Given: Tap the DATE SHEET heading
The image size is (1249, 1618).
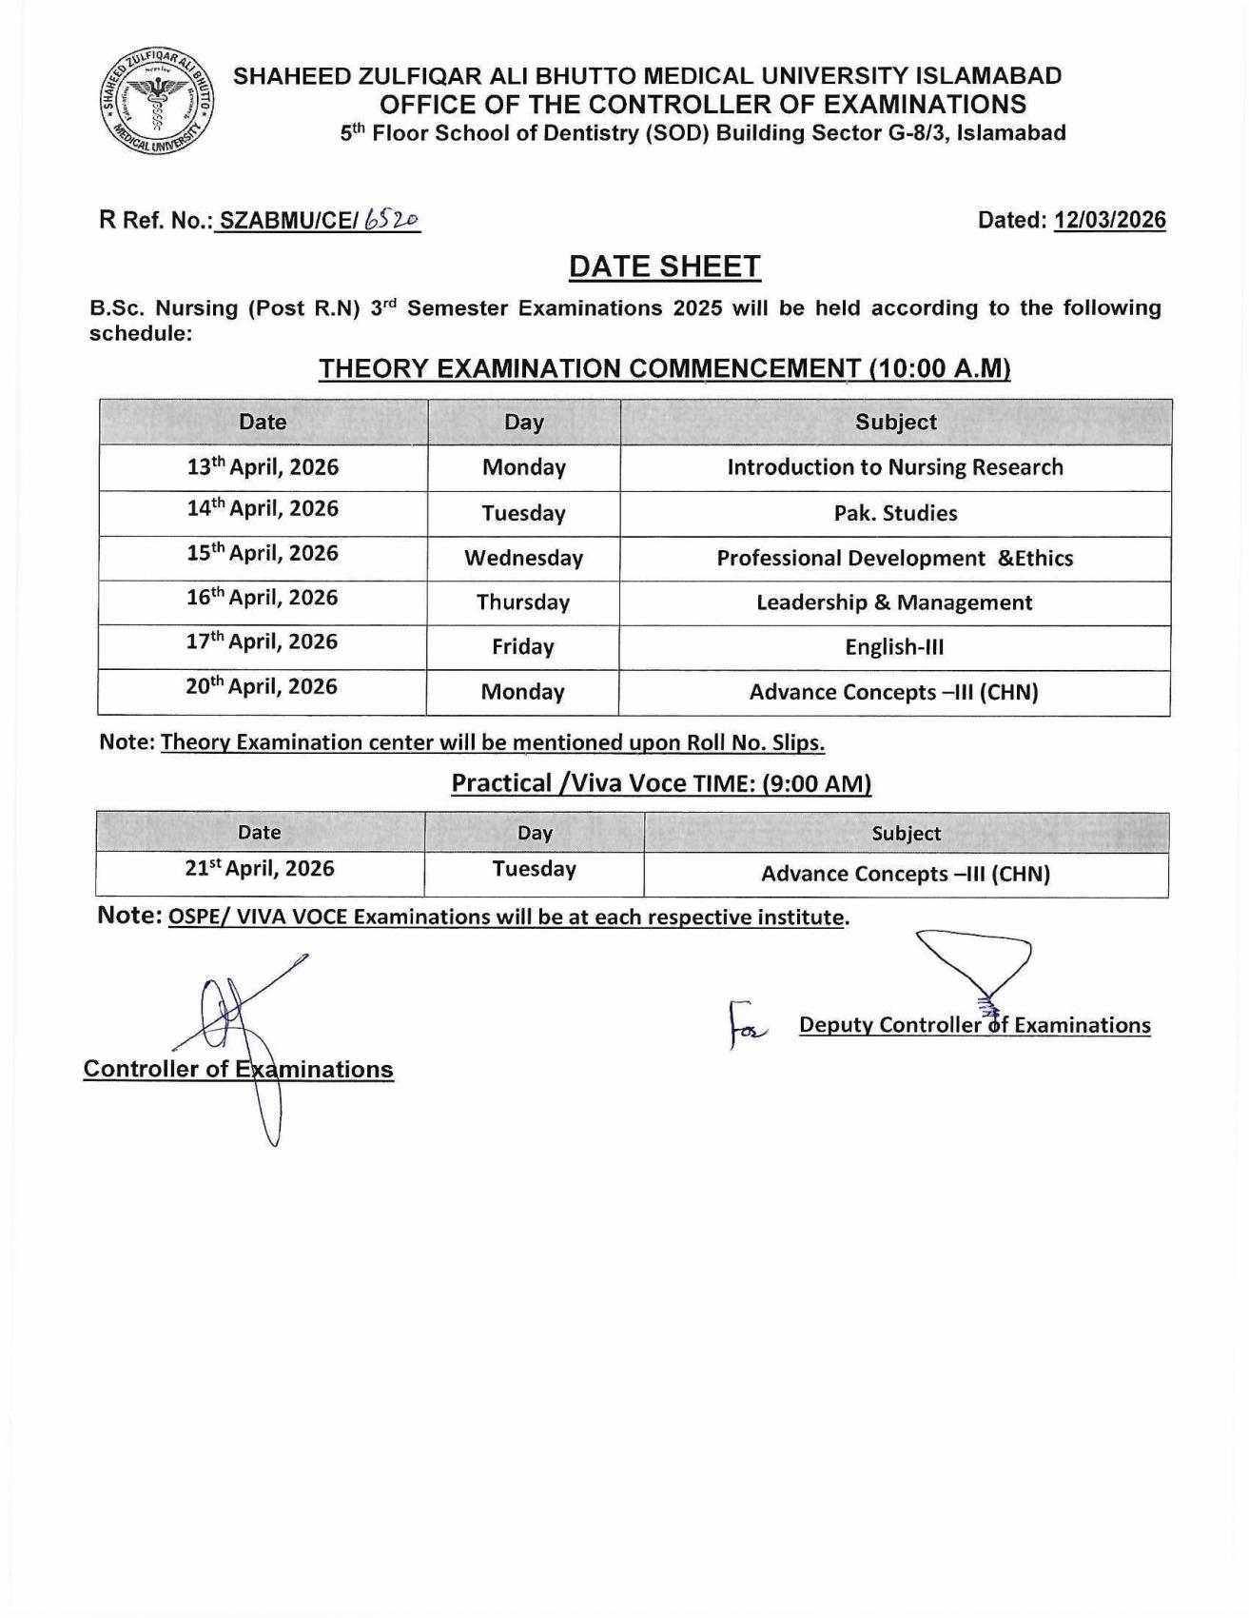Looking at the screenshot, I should [664, 266].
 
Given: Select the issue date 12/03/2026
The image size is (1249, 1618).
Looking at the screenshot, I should [1109, 220].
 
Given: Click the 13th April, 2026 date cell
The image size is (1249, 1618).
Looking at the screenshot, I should [263, 467].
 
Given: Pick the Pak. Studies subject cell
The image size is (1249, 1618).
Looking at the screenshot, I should [895, 513].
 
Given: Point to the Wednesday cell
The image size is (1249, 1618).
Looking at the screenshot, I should [523, 558].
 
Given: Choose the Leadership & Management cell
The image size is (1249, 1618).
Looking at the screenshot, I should [894, 602].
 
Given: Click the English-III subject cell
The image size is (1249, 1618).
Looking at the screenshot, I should [894, 647].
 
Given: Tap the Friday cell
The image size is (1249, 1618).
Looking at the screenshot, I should [523, 647].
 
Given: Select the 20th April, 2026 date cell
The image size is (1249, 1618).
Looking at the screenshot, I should [262, 687].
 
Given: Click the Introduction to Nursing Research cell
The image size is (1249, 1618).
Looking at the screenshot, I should [895, 467].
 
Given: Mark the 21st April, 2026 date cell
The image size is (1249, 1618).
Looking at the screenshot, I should [260, 869].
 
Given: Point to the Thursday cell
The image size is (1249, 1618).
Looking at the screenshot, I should [523, 602].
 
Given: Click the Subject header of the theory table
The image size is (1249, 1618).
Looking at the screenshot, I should [895, 422].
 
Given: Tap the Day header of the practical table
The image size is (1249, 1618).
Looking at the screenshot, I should [535, 833].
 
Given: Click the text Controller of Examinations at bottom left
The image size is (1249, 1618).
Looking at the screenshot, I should [238, 1069].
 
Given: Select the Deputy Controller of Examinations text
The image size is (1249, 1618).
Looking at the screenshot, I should [974, 1025].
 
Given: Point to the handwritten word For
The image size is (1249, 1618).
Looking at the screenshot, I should [749, 1025].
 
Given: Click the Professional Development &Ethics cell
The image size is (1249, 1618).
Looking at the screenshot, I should [894, 558].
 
